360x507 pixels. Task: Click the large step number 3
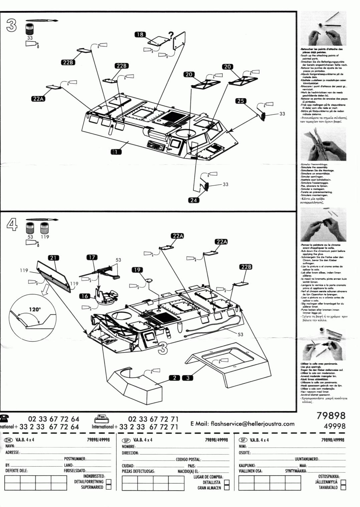click(11, 26)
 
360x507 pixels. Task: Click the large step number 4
click(11, 226)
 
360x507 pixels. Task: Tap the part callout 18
click(140, 35)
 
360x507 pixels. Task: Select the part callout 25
click(240, 101)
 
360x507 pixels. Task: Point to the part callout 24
click(193, 200)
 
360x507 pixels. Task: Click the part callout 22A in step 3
click(39, 99)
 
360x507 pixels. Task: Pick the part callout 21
click(53, 258)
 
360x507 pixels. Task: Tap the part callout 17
click(92, 257)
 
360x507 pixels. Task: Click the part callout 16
click(84, 296)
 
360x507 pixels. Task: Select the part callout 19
click(137, 270)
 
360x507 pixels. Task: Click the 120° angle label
click(34, 310)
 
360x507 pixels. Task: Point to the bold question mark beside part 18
click(171, 35)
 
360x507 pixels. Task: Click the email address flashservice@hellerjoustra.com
click(252, 424)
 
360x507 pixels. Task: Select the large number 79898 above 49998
click(331, 415)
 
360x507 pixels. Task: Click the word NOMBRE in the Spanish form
click(129, 447)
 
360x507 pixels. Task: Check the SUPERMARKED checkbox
click(109, 487)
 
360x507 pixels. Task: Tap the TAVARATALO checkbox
click(343, 488)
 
